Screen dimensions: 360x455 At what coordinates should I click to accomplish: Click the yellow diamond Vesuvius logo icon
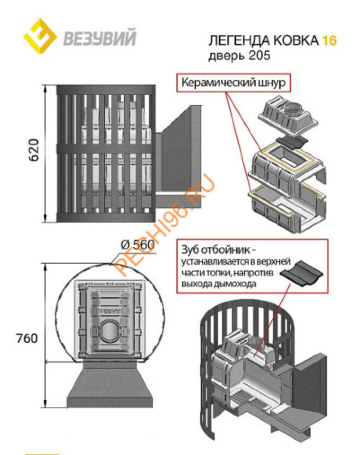click(x=40, y=36)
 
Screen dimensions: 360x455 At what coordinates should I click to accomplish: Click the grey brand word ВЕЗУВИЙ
click(x=100, y=38)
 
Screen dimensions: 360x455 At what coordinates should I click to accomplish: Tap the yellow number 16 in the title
click(x=329, y=40)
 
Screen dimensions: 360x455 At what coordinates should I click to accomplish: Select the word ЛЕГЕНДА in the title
click(x=239, y=41)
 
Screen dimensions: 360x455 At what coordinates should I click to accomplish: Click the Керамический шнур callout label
click(x=234, y=82)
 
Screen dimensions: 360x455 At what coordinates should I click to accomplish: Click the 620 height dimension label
click(x=34, y=150)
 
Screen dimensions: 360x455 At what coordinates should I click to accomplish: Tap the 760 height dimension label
click(x=27, y=338)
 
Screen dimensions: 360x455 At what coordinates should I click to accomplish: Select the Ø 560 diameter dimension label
click(x=137, y=245)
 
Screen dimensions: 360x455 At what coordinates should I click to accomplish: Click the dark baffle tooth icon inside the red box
click(x=301, y=272)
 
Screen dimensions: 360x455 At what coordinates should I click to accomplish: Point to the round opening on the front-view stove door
click(x=110, y=330)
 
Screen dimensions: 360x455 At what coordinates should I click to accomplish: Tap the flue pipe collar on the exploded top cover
click(x=293, y=111)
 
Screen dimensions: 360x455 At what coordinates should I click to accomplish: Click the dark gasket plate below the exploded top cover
click(x=292, y=142)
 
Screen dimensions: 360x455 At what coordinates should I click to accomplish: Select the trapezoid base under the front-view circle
click(x=110, y=384)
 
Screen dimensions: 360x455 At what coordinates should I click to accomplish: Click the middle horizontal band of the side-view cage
click(x=106, y=148)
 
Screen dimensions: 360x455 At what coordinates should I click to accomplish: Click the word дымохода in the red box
click(x=235, y=284)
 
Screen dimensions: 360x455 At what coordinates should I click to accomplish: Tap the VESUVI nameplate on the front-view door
click(x=110, y=311)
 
